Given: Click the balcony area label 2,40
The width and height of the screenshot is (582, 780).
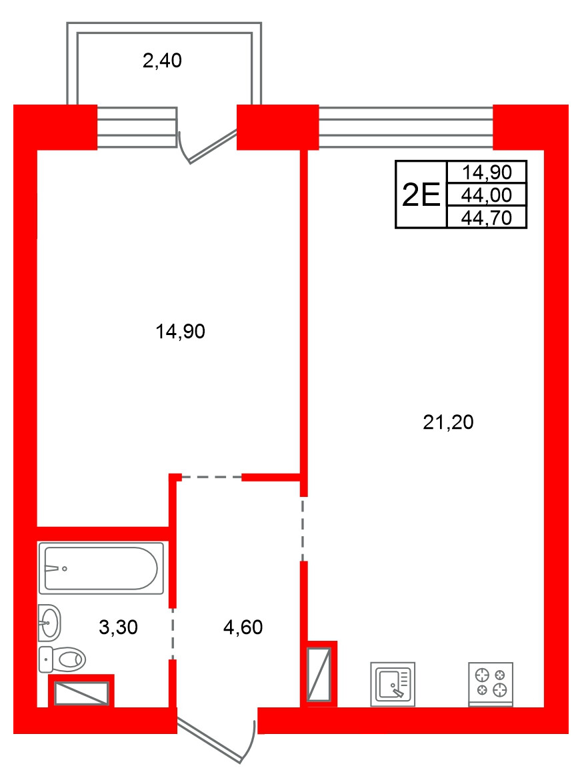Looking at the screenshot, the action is (x=162, y=61).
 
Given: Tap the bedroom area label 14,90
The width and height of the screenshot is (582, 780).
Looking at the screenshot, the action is (x=180, y=331).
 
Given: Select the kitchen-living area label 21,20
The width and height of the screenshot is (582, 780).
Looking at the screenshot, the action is (x=448, y=422).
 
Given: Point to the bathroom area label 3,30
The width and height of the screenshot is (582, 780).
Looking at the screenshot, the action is (x=118, y=627).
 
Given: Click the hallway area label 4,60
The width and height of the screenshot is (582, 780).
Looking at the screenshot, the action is (x=243, y=627).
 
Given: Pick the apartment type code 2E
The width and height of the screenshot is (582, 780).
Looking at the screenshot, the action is (x=421, y=195).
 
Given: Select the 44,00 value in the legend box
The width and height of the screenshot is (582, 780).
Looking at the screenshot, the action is (x=487, y=195).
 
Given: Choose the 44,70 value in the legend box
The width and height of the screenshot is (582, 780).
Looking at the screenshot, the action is (x=487, y=218).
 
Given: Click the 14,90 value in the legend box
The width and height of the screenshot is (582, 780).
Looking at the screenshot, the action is (x=487, y=172).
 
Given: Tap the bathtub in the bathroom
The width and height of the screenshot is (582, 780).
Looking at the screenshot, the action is (x=101, y=568).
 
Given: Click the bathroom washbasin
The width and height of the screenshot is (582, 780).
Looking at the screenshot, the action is (x=49, y=623).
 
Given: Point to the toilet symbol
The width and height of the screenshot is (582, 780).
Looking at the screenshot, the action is (x=62, y=659).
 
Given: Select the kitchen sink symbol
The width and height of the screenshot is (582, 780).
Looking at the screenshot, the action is (x=393, y=684).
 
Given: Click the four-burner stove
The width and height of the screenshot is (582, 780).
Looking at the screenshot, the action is (x=491, y=684).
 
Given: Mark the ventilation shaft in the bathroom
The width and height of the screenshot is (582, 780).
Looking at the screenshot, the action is (x=81, y=693).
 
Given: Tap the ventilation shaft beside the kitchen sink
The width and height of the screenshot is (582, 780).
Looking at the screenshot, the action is (x=319, y=674).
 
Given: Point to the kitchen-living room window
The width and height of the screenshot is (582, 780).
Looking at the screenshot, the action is (x=406, y=127).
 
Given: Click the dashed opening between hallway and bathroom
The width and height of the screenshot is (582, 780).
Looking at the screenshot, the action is (x=173, y=633).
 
